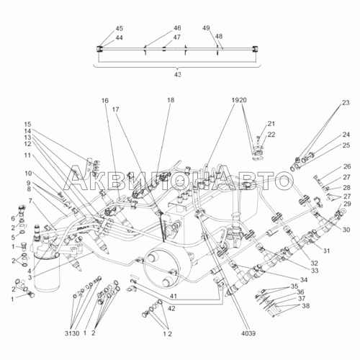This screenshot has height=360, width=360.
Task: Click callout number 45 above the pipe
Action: [120, 28]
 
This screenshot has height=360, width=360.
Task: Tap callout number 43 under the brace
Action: [178, 75]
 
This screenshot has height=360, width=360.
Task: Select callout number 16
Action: [105, 101]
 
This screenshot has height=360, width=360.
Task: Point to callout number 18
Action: [171, 100]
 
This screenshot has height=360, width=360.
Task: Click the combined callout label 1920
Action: [239, 100]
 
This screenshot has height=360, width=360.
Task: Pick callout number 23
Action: [346, 103]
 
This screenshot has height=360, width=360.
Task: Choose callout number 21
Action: [271, 124]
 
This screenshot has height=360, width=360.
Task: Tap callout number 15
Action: [27, 125]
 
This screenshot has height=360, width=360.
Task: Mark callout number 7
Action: [30, 201]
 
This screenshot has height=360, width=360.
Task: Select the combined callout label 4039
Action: [248, 333]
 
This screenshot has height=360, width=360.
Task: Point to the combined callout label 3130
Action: [72, 333]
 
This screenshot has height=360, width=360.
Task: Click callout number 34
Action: [304, 280]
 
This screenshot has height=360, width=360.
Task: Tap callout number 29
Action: [347, 204]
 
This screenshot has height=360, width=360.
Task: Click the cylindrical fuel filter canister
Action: [46, 271]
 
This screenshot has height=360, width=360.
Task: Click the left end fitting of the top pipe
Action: [99, 49]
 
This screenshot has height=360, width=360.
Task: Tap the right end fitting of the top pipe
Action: [255, 49]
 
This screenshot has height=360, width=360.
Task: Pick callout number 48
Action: [219, 37]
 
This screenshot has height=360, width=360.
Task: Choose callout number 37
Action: [302, 298]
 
